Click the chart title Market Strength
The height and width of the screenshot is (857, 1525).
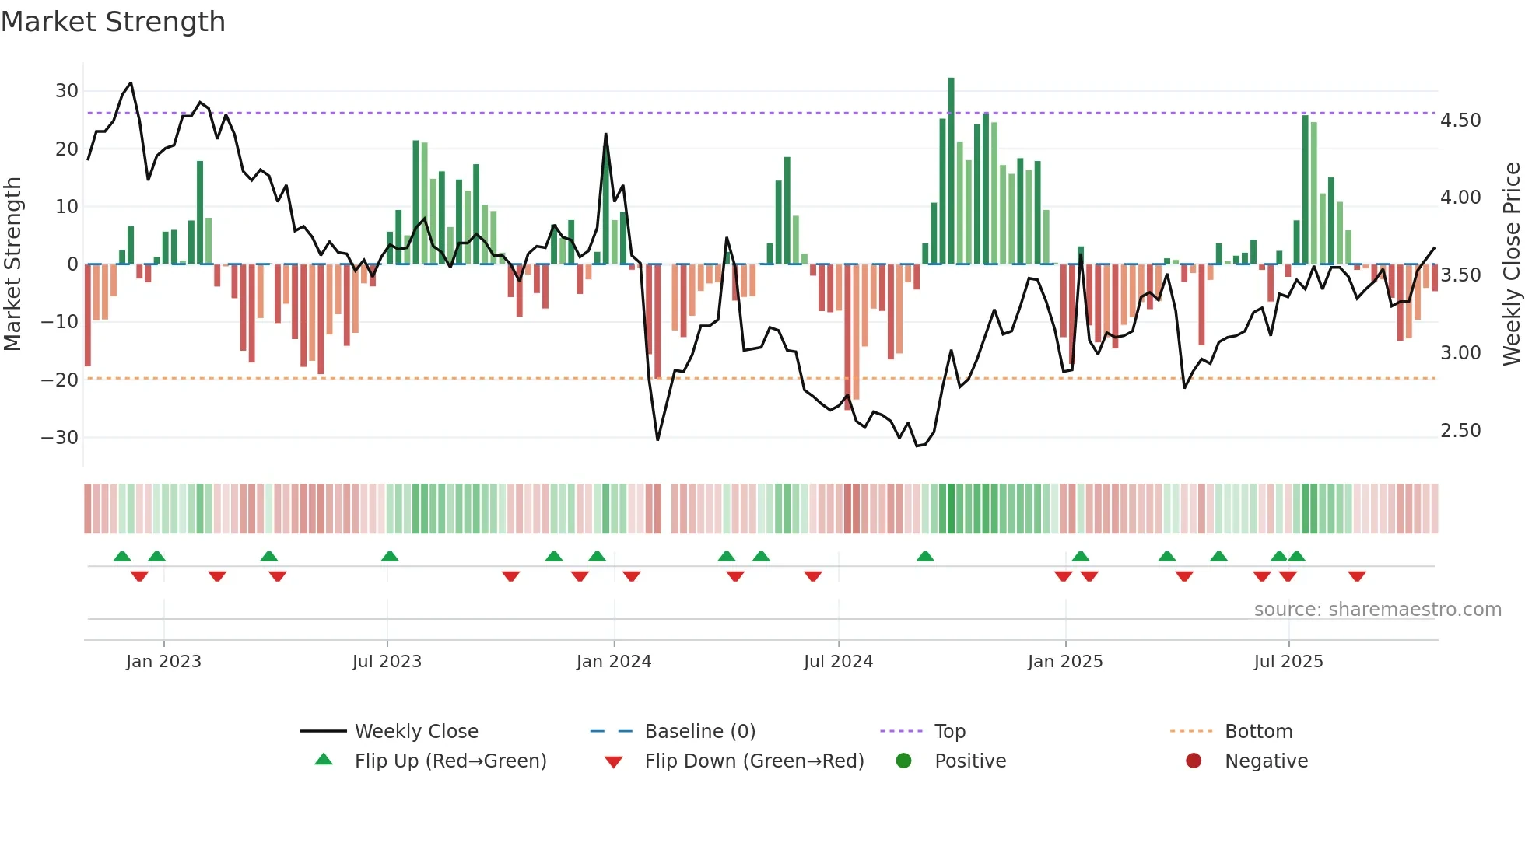[113, 22]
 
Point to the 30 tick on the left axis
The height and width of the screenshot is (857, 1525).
[67, 91]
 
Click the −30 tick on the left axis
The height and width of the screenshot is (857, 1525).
[61, 438]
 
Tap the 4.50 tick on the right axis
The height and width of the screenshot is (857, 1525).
[1460, 121]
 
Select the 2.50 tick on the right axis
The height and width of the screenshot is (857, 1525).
[1460, 431]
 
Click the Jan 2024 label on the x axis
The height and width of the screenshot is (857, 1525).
[613, 662]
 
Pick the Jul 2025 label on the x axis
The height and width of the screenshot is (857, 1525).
[1288, 662]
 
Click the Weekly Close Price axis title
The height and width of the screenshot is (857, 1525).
[1511, 264]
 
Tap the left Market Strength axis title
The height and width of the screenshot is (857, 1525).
[12, 264]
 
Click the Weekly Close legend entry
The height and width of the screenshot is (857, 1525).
[415, 732]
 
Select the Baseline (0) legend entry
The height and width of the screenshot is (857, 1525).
[699, 732]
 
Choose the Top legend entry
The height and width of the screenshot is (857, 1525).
[949, 732]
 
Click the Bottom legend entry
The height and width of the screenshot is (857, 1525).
[1258, 732]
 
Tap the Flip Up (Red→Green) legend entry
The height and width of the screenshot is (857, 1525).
[450, 761]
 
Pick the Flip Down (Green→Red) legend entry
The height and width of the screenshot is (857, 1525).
[754, 761]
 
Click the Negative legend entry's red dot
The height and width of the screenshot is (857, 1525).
[1194, 761]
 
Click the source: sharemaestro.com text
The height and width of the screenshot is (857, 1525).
[1377, 610]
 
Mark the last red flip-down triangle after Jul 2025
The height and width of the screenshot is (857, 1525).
[1357, 576]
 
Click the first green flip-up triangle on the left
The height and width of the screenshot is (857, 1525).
[122, 556]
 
